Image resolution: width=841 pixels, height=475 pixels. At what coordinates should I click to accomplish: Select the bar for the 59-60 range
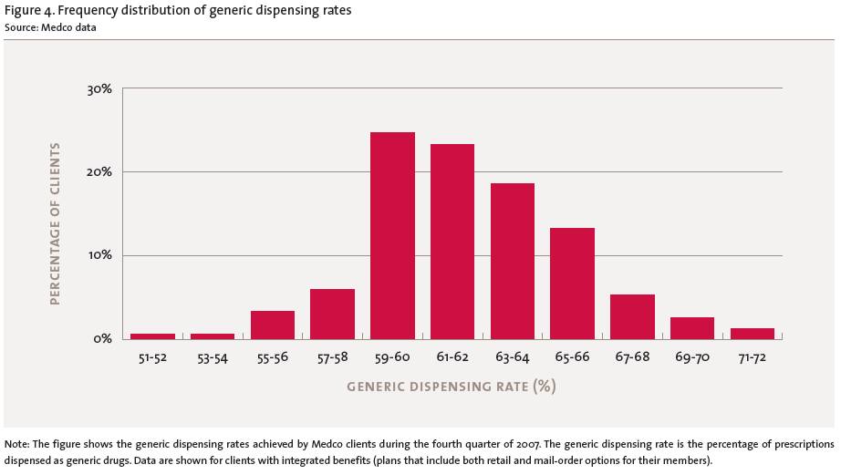(392, 235)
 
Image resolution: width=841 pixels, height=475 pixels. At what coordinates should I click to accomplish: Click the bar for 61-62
(452, 242)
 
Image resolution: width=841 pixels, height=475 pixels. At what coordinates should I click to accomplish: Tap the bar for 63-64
(513, 261)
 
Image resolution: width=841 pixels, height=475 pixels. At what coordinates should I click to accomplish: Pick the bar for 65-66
(572, 284)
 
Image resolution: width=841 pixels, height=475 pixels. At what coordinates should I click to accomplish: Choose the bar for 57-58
(332, 314)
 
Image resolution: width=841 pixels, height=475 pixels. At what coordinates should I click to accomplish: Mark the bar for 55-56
(273, 325)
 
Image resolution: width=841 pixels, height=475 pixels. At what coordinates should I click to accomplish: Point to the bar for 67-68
(632, 316)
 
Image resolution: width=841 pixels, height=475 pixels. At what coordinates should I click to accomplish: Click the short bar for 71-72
(753, 334)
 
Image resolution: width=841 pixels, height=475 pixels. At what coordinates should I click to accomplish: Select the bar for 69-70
(692, 328)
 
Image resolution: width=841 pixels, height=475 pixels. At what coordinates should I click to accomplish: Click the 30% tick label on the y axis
(99, 89)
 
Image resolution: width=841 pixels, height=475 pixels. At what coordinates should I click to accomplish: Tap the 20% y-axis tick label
(99, 172)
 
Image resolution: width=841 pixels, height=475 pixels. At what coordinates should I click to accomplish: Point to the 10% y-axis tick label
(99, 255)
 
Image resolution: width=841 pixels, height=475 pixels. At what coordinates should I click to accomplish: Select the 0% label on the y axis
(103, 338)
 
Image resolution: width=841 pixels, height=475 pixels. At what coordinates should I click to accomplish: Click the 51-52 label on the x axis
(152, 357)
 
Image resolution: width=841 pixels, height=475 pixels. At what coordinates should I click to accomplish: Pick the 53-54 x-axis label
(213, 357)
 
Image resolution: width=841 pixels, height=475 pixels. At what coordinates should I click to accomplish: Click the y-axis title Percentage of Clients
(55, 223)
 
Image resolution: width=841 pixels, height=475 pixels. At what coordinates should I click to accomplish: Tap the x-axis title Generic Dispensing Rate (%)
(451, 387)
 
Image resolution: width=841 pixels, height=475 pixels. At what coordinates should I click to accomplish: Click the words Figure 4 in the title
(29, 10)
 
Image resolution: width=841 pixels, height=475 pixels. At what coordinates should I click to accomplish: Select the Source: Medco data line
(50, 26)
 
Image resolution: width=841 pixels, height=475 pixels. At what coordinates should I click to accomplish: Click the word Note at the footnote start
(16, 444)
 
